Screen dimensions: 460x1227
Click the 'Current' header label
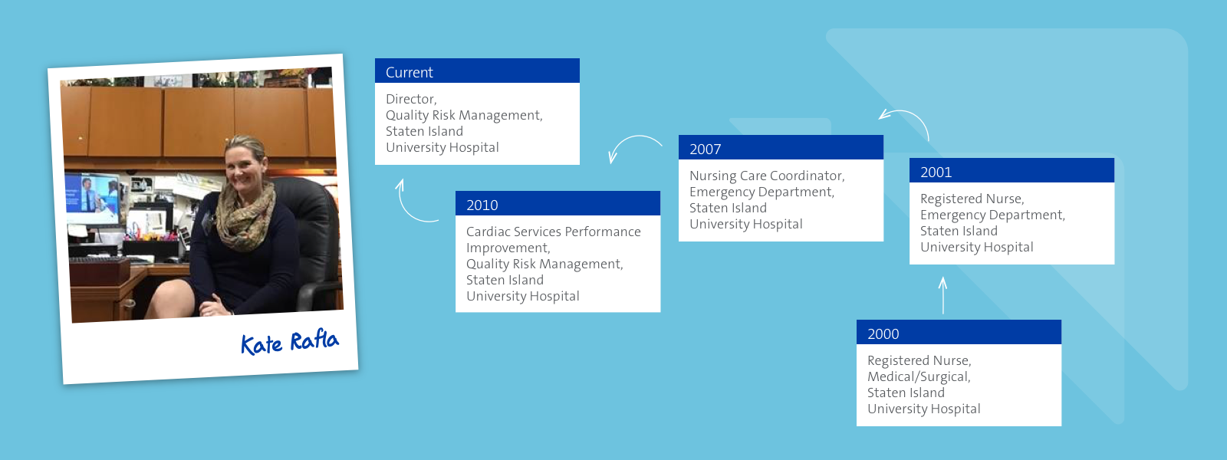pos(410,72)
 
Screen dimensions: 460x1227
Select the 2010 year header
pos(482,205)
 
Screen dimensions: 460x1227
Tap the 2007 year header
pos(705,149)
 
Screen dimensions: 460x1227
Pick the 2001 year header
pos(936,172)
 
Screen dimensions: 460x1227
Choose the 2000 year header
pos(883,333)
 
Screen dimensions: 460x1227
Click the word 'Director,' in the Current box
pos(411,99)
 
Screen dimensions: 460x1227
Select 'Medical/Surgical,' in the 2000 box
pos(919,376)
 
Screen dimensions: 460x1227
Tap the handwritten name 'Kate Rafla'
pos(289,342)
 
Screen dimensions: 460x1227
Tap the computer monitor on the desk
pos(92,197)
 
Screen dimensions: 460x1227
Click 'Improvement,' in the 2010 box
pos(508,248)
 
